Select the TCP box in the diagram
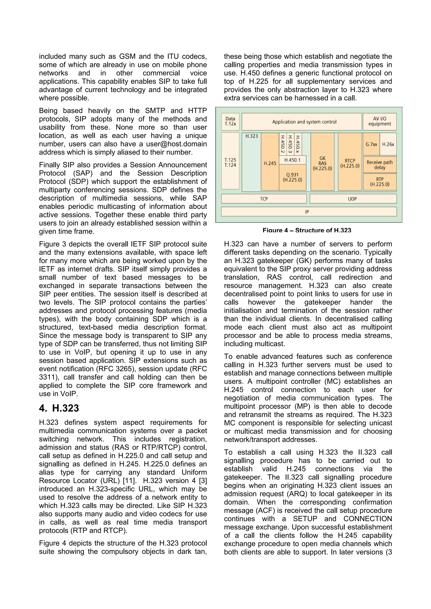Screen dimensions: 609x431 click(264, 199)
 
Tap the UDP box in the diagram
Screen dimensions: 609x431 click(353, 199)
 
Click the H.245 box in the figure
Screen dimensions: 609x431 click(270, 163)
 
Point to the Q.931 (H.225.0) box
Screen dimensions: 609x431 click(292, 177)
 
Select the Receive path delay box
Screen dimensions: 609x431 click(379, 165)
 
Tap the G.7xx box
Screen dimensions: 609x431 click(371, 144)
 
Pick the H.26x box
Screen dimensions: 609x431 click(388, 144)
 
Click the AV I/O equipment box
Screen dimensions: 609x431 click(379, 121)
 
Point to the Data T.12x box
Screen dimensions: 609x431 click(230, 121)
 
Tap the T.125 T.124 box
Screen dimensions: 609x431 click(230, 162)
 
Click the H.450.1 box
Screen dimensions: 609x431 click(292, 160)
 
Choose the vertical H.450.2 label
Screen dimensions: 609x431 click(283, 145)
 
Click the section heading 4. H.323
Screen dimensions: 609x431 click(59, 408)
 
